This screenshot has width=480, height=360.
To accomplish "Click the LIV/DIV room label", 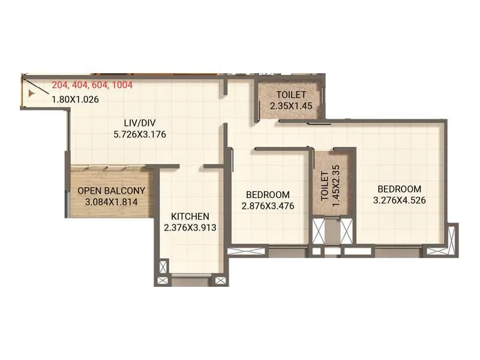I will (x=139, y=122).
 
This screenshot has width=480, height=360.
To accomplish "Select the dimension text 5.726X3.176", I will (x=139, y=134).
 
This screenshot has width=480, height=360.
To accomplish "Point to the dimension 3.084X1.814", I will (x=112, y=202).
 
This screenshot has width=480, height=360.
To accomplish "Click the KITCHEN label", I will (x=190, y=216).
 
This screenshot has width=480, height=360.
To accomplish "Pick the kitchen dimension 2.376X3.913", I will (x=190, y=227).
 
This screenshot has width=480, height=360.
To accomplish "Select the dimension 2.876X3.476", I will (x=268, y=206).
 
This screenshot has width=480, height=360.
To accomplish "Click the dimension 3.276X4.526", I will (x=400, y=200).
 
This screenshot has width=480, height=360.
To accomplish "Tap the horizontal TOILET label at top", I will (x=291, y=95).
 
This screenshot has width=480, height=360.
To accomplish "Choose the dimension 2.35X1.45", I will (x=291, y=106).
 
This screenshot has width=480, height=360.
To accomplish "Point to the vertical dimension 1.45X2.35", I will (x=336, y=185).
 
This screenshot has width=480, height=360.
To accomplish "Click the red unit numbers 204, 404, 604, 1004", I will (x=92, y=85).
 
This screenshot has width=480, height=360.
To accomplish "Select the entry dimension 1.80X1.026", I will (x=75, y=100).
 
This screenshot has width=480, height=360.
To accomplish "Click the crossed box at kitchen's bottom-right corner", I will (x=220, y=280).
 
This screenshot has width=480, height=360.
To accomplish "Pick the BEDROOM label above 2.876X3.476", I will (x=268, y=194).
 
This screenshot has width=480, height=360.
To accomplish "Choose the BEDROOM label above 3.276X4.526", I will (x=400, y=188).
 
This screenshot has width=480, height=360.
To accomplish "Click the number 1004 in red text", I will (x=122, y=85).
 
